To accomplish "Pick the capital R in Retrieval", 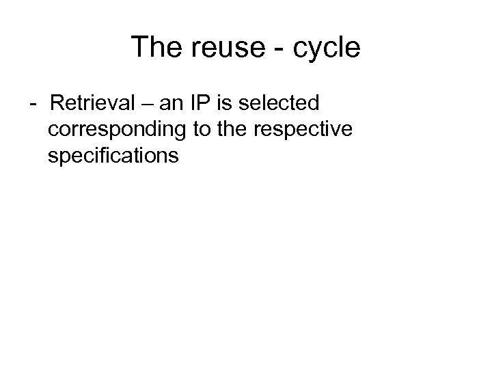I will pos(57,104).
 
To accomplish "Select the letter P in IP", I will pos(208,104).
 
